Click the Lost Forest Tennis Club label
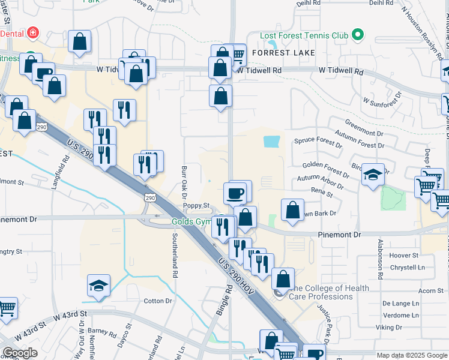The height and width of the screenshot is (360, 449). [304, 35]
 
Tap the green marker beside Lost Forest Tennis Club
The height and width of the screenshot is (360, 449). [358, 35]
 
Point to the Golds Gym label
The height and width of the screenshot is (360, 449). [191, 221]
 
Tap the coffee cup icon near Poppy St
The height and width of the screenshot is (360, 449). [235, 194]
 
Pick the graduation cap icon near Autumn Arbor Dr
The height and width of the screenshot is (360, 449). [373, 175]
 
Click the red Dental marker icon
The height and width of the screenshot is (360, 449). [34, 32]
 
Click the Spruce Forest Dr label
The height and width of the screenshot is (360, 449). [318, 142]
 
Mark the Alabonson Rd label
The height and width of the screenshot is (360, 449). [380, 259]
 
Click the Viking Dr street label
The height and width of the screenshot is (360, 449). [388, 327]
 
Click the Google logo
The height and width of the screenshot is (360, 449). [20, 353]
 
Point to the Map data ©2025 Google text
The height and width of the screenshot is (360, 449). [411, 355]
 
